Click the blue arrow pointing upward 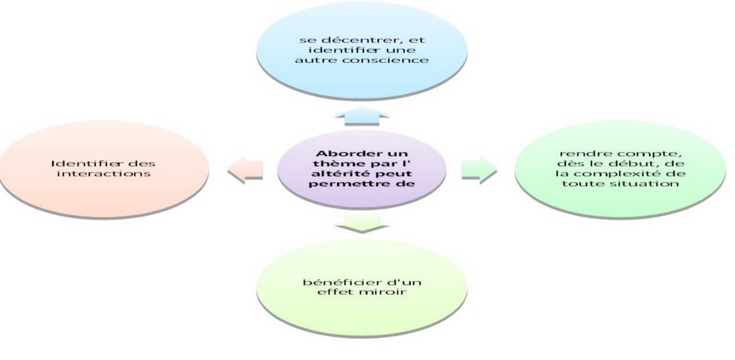click(x=361, y=116)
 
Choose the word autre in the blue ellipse click(x=314, y=60)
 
